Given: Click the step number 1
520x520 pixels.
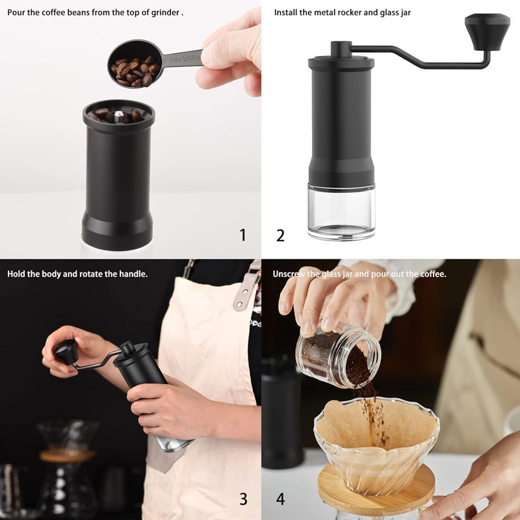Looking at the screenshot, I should (x=243, y=235).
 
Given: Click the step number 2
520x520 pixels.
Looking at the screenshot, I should (x=280, y=235).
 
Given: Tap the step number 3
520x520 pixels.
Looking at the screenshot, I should (x=243, y=499).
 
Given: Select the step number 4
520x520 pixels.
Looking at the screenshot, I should (x=280, y=499).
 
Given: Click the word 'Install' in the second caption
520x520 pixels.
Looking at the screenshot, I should (x=286, y=12).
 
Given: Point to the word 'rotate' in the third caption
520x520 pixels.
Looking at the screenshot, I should (x=93, y=274).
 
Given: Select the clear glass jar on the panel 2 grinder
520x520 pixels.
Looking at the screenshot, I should (x=341, y=211).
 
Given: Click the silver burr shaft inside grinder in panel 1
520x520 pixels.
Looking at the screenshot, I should (x=117, y=116).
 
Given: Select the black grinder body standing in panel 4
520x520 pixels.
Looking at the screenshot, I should (x=281, y=416).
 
